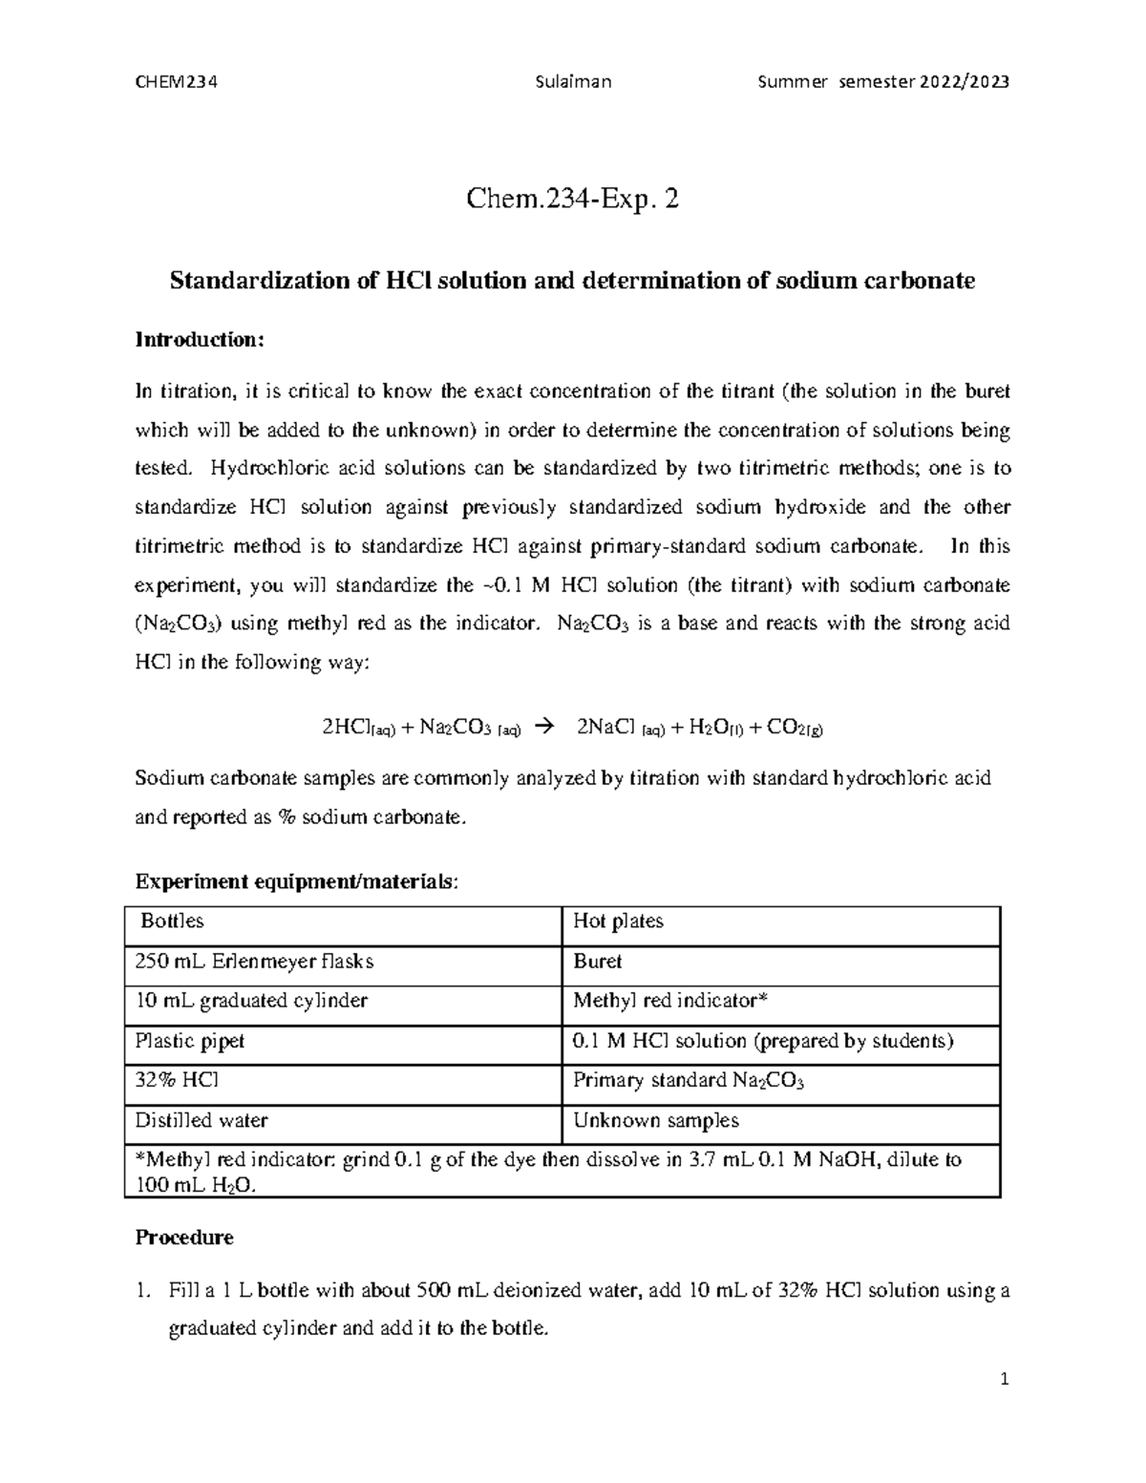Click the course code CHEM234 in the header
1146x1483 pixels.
point(177,81)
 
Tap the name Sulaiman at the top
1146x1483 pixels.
point(575,81)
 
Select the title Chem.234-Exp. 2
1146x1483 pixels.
point(573,200)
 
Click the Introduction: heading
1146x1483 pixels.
point(198,340)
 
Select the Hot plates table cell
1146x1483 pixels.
point(618,922)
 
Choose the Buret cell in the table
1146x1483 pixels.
point(597,962)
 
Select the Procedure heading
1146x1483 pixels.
point(184,1238)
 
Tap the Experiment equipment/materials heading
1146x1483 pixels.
point(296,882)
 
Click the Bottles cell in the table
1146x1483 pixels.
point(172,922)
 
